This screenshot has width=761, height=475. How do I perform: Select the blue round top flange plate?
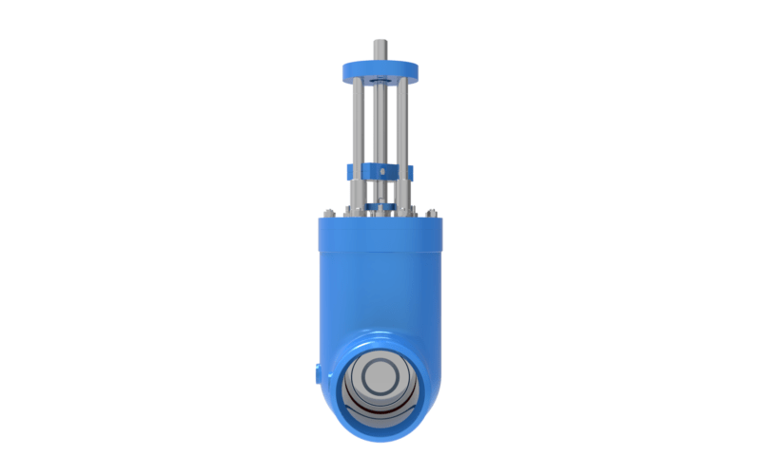click(380, 68)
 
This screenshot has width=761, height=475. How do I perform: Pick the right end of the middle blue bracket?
click(410, 172)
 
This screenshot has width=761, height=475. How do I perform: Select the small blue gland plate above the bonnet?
click(380, 202)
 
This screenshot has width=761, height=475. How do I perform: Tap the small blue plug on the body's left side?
click(313, 373)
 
